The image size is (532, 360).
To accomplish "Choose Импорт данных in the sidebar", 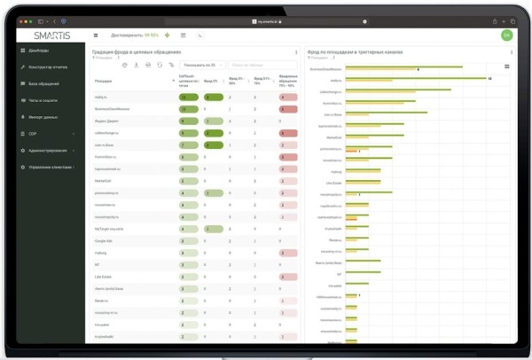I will click(43, 117).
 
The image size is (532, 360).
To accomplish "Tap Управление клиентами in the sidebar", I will click(50, 167).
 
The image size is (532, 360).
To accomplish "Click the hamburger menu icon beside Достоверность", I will click(96, 35).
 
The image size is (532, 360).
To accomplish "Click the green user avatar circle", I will click(506, 35).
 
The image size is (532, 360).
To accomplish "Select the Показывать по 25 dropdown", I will click(200, 65).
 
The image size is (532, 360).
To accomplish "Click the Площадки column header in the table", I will click(103, 81).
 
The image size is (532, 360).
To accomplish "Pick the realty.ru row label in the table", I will click(100, 97).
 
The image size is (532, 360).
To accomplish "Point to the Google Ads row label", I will click(103, 240).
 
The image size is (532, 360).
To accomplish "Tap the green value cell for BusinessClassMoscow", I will click(187, 109).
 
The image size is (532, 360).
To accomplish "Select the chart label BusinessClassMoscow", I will click(325, 67).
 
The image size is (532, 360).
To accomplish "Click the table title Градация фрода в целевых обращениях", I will click(137, 51).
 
